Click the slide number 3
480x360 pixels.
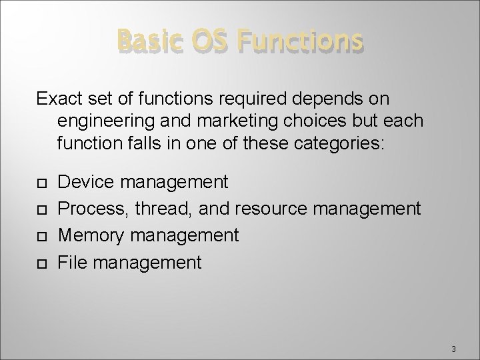point(453,348)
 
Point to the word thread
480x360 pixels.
point(160,209)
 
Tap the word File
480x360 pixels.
point(71,263)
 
